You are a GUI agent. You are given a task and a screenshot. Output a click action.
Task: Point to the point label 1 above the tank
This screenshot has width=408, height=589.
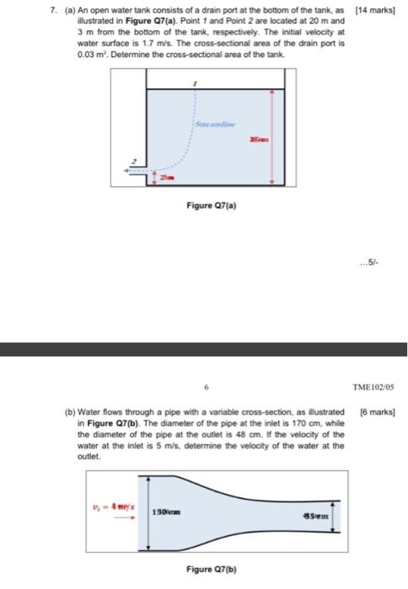coord(196,84)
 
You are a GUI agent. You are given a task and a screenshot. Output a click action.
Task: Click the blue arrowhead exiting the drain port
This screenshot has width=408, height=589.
coord(126,171)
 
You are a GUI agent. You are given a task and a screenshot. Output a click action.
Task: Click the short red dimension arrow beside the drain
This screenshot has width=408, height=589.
coord(145,179)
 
